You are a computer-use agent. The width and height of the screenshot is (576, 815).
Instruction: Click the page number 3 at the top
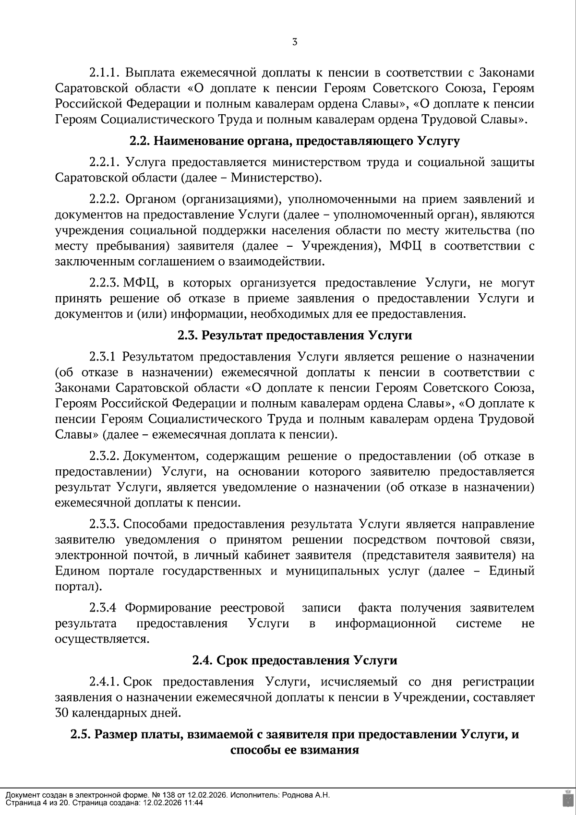(x=295, y=42)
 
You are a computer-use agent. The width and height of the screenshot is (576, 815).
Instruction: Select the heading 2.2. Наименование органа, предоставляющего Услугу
(x=295, y=141)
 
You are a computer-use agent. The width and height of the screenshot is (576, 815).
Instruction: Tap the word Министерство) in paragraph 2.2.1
(x=276, y=178)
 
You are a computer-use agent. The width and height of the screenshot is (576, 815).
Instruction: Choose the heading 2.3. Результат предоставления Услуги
(x=295, y=335)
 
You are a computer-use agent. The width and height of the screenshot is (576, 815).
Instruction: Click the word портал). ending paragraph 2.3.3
(x=78, y=587)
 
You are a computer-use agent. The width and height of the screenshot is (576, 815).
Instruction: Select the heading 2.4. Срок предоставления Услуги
(x=295, y=660)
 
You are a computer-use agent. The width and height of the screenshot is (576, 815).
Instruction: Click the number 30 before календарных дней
(x=62, y=713)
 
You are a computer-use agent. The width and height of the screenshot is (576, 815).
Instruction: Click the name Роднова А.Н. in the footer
(x=307, y=795)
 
